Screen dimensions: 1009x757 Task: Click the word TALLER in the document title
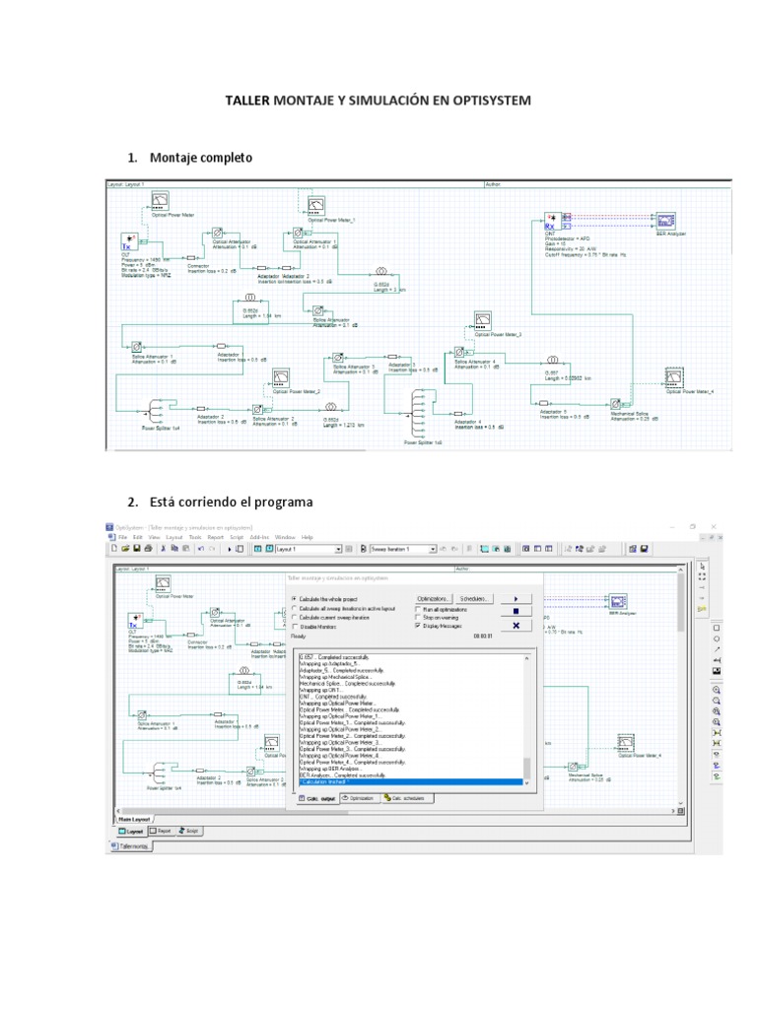pos(247,101)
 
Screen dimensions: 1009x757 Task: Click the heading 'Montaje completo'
pos(200,158)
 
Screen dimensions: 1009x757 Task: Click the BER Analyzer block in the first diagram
pos(666,220)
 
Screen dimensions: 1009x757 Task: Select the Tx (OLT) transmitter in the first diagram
pos(127,239)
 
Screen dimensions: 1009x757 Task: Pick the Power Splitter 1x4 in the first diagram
pos(156,409)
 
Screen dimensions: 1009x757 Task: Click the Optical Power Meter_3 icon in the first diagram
pos(482,320)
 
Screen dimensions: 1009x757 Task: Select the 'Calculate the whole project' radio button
pos(294,598)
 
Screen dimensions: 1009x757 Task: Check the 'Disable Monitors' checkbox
pos(294,626)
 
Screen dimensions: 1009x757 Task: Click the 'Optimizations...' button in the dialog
pos(434,598)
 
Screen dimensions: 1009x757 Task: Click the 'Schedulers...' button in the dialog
pos(473,598)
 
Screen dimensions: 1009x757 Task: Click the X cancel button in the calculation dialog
pos(516,625)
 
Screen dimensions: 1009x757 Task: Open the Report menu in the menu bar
pos(216,537)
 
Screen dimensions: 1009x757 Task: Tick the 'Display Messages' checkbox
pos(418,625)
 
